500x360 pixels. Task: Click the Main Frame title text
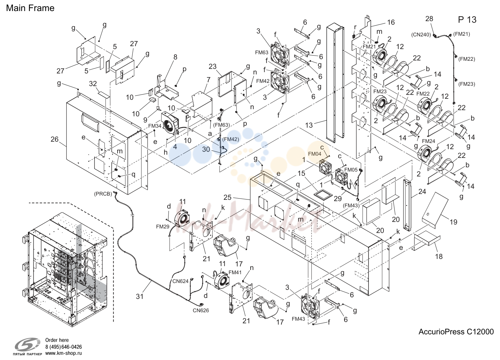pyautogui.click(x=30, y=8)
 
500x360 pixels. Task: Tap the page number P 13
pyautogui.click(x=467, y=19)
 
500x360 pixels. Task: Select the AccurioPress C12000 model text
pyautogui.click(x=456, y=332)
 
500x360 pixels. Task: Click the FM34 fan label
pyautogui.click(x=155, y=126)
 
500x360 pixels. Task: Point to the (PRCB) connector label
pyautogui.click(x=103, y=194)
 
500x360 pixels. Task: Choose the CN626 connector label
pyautogui.click(x=201, y=310)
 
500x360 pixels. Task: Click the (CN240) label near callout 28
pyautogui.click(x=421, y=35)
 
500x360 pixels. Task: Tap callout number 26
pyautogui.click(x=55, y=139)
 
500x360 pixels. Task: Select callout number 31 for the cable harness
pyautogui.click(x=140, y=296)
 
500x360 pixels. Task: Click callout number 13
pyautogui.click(x=309, y=125)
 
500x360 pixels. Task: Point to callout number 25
pyautogui.click(x=228, y=198)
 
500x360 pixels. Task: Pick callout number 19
pyautogui.click(x=453, y=222)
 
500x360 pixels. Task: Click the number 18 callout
pyautogui.click(x=439, y=256)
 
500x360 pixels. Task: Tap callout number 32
pyautogui.click(x=93, y=84)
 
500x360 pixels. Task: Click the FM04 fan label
pyautogui.click(x=315, y=154)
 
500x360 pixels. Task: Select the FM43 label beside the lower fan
pyautogui.click(x=298, y=319)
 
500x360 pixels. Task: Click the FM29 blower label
pyautogui.click(x=163, y=226)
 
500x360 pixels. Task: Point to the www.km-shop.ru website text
pyautogui.click(x=64, y=353)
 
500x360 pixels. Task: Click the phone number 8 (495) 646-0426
pyautogui.click(x=64, y=347)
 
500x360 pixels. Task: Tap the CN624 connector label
pyautogui.click(x=181, y=281)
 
